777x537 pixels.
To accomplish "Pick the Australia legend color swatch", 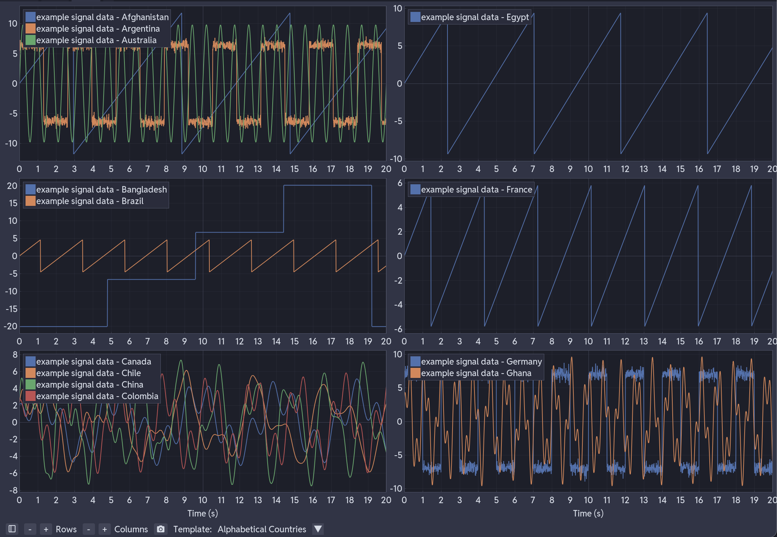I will point(31,40).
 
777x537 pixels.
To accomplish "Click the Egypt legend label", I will point(474,17).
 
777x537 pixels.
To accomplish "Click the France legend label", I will point(476,189).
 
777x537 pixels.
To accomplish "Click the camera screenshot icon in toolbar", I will point(160,529).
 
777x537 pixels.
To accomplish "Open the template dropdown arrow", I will point(318,529).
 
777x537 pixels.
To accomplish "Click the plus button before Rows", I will point(46,529).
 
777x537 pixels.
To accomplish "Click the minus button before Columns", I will point(88,529).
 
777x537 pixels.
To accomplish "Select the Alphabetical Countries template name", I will point(262,529).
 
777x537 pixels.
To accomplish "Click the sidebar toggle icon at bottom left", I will point(12,529).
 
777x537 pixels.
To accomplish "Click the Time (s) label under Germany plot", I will point(588,513).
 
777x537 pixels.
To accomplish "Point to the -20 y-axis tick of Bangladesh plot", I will point(11,326).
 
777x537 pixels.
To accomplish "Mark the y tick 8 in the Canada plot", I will point(15,355).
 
